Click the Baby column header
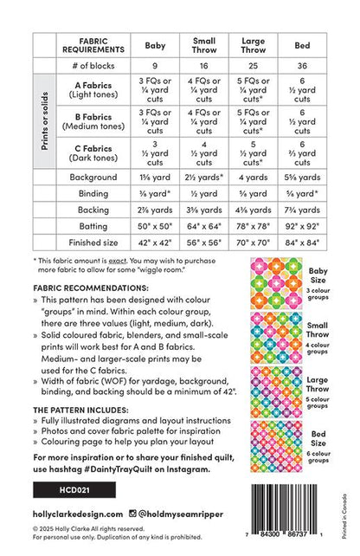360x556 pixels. [x=157, y=44]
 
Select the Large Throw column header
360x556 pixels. [x=253, y=44]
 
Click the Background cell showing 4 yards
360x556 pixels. [x=253, y=176]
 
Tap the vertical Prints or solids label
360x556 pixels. [x=44, y=120]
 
